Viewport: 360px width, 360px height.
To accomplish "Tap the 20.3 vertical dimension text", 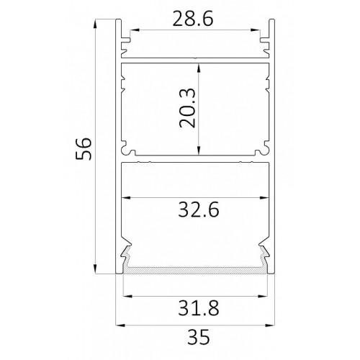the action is coord(187,108).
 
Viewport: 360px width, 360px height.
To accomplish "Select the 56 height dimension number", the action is coord(84,148).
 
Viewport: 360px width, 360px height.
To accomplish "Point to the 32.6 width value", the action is coord(199,210).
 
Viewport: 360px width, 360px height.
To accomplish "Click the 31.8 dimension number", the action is coord(199,308).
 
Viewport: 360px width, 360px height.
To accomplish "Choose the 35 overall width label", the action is coord(199,337).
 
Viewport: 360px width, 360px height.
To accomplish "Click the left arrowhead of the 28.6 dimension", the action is coord(135,30).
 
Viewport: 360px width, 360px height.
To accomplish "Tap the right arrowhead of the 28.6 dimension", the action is coord(255,30).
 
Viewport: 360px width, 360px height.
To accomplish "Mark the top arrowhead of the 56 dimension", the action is coord(95,24).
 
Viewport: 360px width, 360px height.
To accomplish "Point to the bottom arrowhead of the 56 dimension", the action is coord(95,269).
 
